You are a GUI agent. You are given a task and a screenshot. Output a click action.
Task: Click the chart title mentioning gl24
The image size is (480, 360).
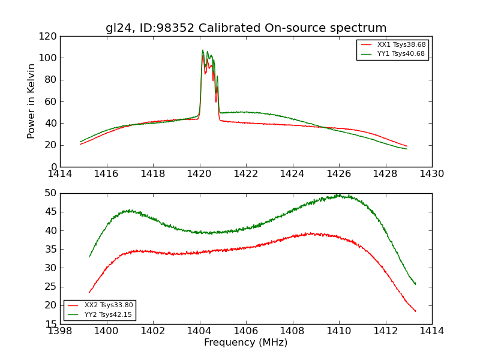(246, 28)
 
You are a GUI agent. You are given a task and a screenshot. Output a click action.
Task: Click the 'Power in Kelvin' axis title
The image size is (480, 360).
(31, 101)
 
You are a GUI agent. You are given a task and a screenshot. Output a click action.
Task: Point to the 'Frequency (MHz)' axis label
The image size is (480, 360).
(246, 343)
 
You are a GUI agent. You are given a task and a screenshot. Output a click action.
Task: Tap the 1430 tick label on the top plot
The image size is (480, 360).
(432, 174)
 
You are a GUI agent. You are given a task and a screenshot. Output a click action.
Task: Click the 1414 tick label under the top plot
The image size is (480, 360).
(61, 174)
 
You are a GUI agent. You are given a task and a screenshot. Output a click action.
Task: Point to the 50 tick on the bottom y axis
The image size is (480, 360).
(50, 193)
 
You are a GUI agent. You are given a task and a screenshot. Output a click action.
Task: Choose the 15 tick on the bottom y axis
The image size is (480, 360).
(50, 324)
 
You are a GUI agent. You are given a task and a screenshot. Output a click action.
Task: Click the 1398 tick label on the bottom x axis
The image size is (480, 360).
(61, 331)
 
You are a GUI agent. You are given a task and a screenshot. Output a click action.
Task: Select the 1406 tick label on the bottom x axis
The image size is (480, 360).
(246, 331)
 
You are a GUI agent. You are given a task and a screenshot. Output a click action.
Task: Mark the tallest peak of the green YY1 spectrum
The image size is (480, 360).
(203, 50)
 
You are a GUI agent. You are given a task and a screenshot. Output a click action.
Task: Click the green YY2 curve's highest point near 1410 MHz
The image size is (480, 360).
(338, 195)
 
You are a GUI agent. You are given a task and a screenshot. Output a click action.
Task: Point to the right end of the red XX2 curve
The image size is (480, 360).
(415, 311)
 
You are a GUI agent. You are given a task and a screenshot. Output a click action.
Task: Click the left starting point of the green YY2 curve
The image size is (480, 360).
(89, 257)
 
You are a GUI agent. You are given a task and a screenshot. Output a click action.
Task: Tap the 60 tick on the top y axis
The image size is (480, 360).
(50, 101)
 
